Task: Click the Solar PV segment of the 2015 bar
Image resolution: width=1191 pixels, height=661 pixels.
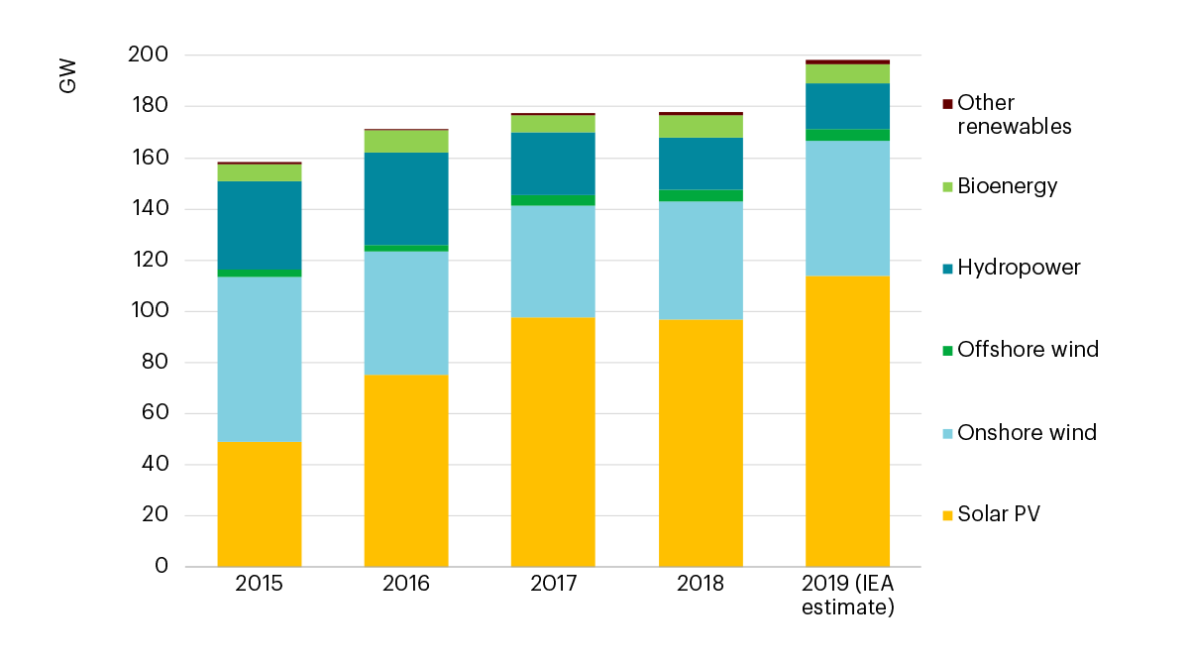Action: click(260, 503)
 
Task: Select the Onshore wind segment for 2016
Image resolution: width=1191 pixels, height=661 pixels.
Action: click(406, 312)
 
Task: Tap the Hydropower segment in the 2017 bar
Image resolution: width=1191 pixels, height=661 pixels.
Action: click(553, 164)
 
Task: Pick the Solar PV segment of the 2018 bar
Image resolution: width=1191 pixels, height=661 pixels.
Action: click(701, 443)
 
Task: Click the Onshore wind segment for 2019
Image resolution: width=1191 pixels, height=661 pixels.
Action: click(847, 208)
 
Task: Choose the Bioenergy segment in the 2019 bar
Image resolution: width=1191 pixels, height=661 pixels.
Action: click(847, 74)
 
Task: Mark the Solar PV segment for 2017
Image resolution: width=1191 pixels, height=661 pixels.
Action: click(553, 442)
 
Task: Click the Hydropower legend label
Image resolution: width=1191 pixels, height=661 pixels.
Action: click(1019, 268)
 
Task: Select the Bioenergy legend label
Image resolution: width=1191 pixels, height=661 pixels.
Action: click(1007, 186)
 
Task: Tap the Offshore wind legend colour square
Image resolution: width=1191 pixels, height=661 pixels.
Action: click(947, 350)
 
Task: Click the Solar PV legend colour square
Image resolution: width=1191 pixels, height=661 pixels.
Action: click(947, 514)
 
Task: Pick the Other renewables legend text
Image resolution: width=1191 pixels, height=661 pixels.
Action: click(1015, 115)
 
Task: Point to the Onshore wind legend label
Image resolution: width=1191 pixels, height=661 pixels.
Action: click(1027, 432)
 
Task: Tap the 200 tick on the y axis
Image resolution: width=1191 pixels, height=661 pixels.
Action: click(148, 55)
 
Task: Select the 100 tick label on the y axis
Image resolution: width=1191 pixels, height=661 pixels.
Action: click(148, 311)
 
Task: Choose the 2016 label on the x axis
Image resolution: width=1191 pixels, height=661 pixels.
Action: click(406, 584)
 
